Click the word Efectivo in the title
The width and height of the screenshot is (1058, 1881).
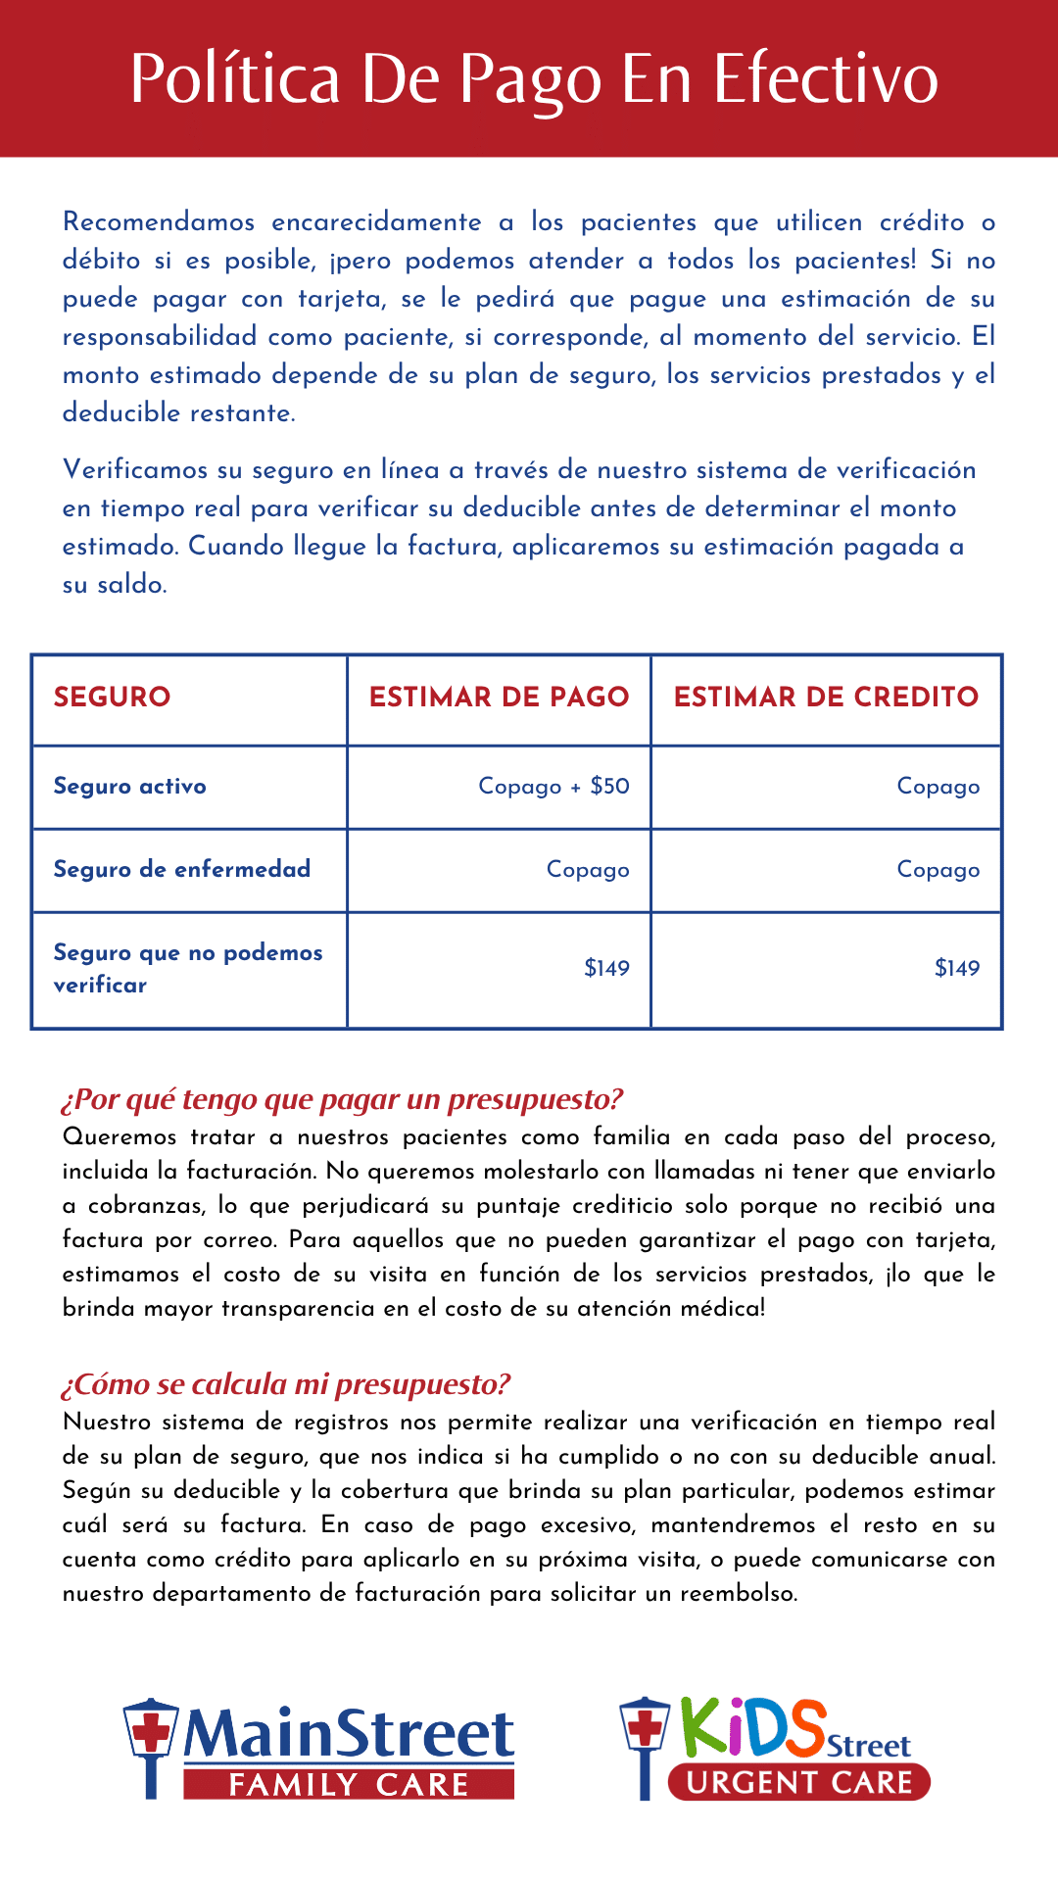825,78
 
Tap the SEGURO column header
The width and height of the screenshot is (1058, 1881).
112,697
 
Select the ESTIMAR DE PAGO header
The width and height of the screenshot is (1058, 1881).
499,697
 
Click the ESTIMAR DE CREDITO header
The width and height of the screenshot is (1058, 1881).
826,697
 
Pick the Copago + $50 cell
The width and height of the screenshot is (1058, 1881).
553,786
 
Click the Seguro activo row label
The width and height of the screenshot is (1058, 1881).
129,786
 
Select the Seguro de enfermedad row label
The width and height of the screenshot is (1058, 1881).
181,869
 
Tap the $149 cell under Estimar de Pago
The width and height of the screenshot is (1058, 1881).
606,968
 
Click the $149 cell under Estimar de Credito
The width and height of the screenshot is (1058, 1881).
956,968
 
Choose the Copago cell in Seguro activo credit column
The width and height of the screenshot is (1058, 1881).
938,786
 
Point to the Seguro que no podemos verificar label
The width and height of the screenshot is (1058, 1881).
187,968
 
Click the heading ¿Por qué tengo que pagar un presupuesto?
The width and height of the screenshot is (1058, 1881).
342,1099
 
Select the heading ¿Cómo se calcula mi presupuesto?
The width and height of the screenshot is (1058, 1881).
285,1384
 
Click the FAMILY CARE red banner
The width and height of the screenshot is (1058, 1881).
349,1785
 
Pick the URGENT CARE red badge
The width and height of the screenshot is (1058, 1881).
798,1782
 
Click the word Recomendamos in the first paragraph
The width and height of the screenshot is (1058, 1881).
158,222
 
